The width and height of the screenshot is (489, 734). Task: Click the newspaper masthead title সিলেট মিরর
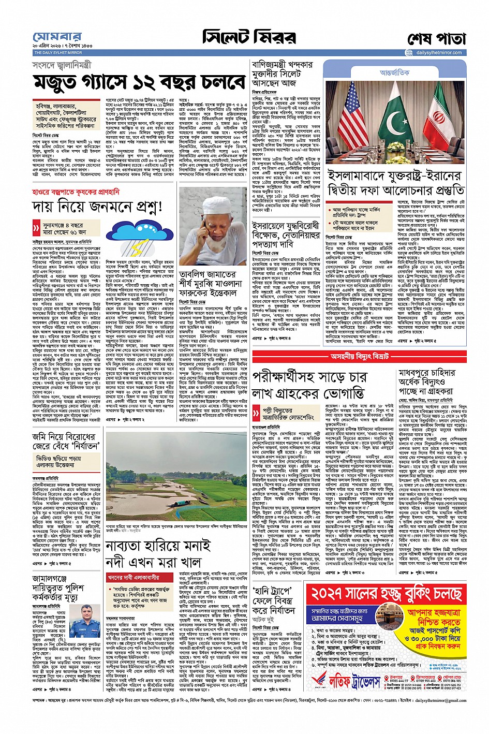click(249, 38)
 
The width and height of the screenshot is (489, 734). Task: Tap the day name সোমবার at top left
click(57, 37)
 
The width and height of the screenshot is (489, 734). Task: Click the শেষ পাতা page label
click(437, 39)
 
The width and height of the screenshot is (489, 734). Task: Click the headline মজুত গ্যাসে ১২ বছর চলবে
click(139, 82)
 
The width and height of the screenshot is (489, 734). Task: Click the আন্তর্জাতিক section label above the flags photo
click(394, 72)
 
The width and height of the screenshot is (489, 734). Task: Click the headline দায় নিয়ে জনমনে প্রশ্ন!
click(97, 207)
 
